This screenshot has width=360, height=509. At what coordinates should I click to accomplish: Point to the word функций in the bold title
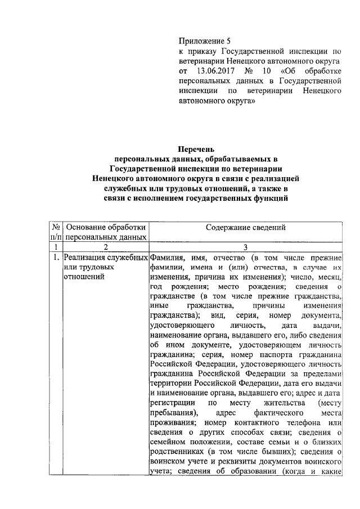269,199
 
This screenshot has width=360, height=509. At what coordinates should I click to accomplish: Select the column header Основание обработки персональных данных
106,232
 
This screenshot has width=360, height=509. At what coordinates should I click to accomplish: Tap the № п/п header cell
56,232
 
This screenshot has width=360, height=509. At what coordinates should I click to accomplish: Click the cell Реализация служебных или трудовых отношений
106,267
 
